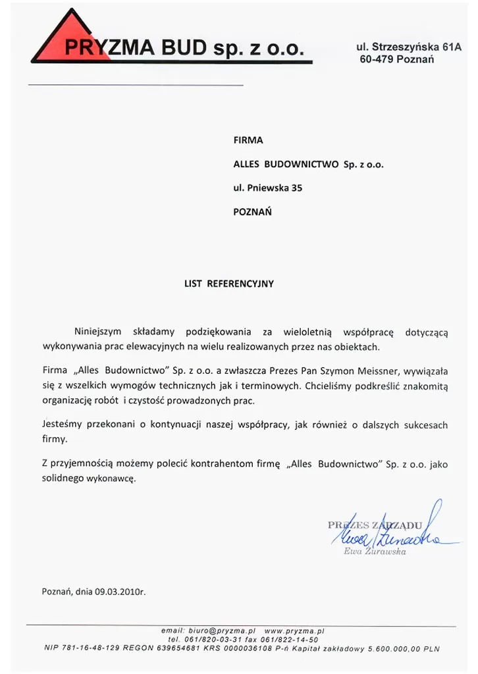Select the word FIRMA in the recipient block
tap(248, 140)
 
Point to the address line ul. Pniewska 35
tap(268, 188)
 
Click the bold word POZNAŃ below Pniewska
tap(253, 212)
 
